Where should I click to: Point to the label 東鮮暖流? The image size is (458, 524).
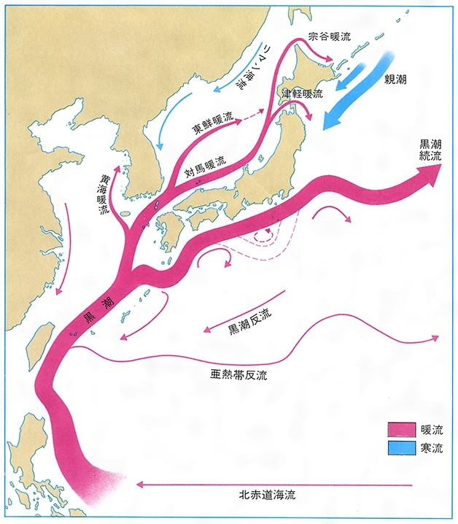coord(214,123)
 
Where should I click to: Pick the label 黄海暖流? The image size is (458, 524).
coord(106,193)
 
